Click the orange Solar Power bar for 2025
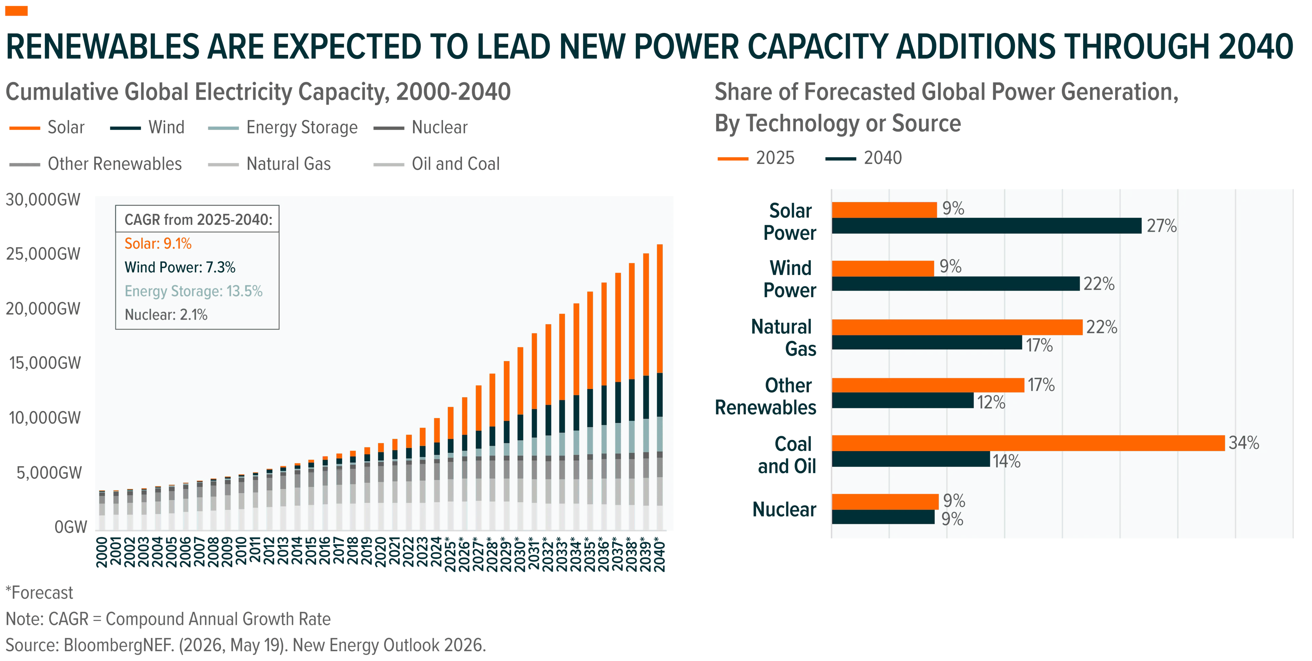884,210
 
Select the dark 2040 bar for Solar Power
986,226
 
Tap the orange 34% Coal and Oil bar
1028,443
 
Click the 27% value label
1161,226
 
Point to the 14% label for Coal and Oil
1007,461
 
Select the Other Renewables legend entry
95,164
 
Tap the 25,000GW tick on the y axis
43,254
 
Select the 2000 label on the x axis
102,551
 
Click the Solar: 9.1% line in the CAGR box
158,244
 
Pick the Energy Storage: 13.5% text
193,291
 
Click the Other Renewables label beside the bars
765,397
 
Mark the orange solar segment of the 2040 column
659,309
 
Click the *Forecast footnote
39,593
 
